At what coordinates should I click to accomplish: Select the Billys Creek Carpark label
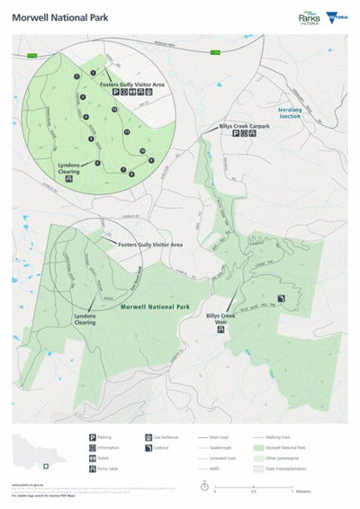(x=244, y=127)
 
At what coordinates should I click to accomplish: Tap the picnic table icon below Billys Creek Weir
(x=221, y=331)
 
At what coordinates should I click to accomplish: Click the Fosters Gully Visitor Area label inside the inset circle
(x=135, y=84)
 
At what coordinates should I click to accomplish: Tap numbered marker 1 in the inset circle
(x=93, y=73)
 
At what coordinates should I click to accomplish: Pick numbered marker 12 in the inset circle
(x=114, y=109)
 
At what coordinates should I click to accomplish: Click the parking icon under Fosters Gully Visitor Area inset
(x=114, y=92)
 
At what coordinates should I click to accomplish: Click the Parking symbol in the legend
(x=93, y=437)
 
